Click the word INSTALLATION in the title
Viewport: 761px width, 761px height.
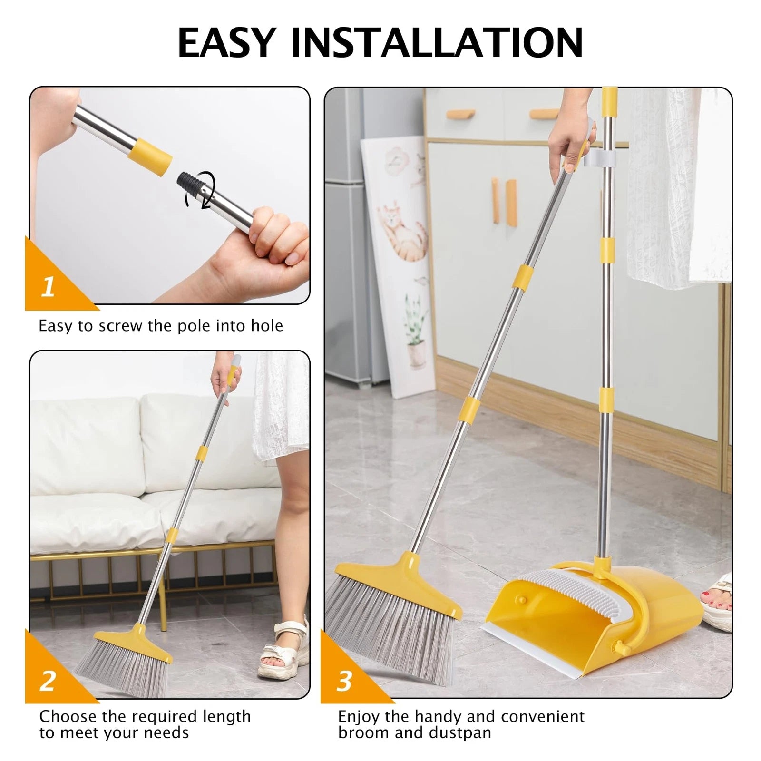437,42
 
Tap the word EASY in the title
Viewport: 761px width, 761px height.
227,42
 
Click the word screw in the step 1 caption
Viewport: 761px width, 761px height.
121,326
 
